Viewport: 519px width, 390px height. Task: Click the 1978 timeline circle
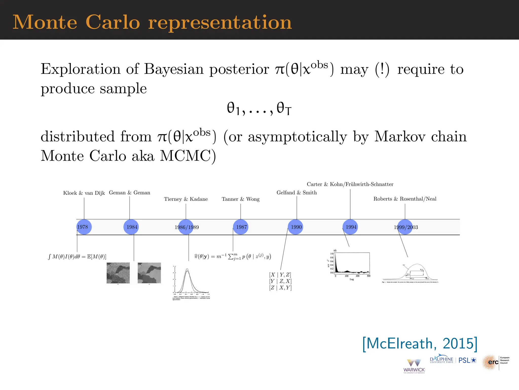click(84, 227)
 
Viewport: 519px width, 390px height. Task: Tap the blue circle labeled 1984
click(131, 227)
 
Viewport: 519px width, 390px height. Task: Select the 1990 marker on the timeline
click(295, 227)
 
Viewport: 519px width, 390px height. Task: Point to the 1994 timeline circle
click(350, 227)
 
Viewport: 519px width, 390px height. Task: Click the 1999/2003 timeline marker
click(405, 227)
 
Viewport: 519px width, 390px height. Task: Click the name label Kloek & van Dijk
click(84, 193)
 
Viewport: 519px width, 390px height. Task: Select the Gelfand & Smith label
click(296, 192)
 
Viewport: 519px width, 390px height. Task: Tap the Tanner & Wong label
click(240, 199)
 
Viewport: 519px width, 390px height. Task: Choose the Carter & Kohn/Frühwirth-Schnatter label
click(350, 184)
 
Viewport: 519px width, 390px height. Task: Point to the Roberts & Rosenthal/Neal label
click(405, 199)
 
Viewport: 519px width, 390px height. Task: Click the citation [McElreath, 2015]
click(420, 344)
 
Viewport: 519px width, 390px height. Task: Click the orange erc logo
click(490, 362)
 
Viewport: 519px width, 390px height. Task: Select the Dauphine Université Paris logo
click(441, 360)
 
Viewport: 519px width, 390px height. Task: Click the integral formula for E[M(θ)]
click(77, 257)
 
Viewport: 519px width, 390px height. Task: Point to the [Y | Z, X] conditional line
click(280, 281)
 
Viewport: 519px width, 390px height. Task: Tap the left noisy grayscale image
click(118, 273)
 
